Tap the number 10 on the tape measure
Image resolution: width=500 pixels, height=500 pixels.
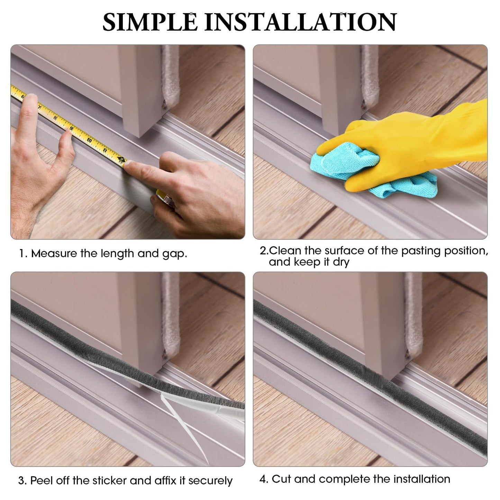click(89, 140)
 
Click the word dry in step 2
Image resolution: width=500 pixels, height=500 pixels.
click(341, 262)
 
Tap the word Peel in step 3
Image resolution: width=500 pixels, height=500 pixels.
click(41, 481)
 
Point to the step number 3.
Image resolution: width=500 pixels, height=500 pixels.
click(21, 481)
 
